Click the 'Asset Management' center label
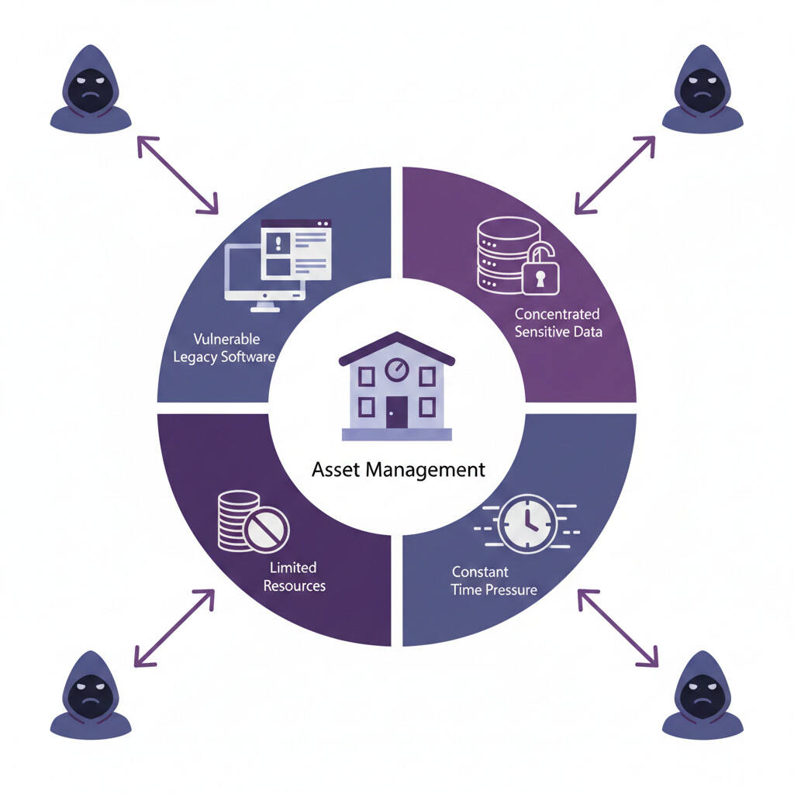pyautogui.click(x=398, y=469)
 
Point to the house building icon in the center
pyautogui.click(x=396, y=386)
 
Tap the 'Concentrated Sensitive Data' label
pyautogui.click(x=558, y=323)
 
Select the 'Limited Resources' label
pyautogui.click(x=294, y=577)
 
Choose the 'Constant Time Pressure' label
pyautogui.click(x=494, y=581)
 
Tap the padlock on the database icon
pyautogui.click(x=540, y=271)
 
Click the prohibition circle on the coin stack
pyautogui.click(x=266, y=530)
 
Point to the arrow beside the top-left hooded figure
pyautogui.click(x=178, y=174)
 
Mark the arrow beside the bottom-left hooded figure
pyautogui.click(x=174, y=627)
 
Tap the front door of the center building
pyautogui.click(x=396, y=412)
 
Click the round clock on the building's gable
pyautogui.click(x=396, y=369)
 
